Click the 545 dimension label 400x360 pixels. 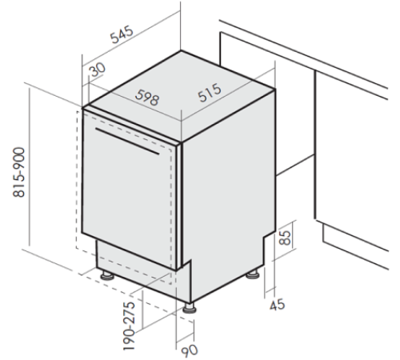pos(122,34)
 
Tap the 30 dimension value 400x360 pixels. pos(98,70)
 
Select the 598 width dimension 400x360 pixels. pos(147,98)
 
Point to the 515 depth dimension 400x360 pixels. pos(210,93)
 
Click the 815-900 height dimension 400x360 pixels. pos(19,172)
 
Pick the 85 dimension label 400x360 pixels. pos(284,237)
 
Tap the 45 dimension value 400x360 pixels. pos(278,305)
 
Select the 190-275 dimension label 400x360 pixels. pos(129,326)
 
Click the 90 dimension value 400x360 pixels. pos(190,350)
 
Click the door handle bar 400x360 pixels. pos(127,141)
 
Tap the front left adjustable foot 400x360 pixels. pos(107,275)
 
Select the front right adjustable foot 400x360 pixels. pos(190,308)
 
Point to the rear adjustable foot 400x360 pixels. pos(253,274)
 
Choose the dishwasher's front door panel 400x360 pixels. pos(130,190)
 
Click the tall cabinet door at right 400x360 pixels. pos(351,160)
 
